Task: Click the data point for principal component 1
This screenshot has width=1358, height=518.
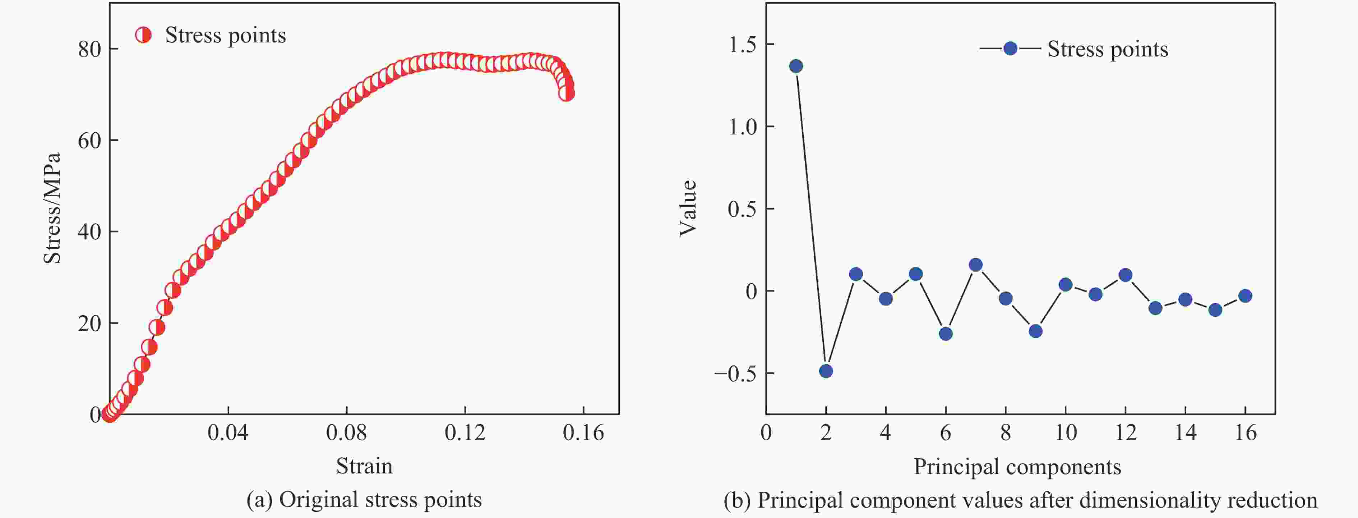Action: [796, 66]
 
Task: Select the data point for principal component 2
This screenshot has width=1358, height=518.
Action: [826, 371]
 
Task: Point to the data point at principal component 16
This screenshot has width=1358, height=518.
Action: [1245, 296]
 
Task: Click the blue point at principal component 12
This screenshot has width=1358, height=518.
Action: [1126, 275]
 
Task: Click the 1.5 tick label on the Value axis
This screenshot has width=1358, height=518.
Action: [742, 44]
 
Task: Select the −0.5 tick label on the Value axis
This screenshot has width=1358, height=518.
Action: [735, 373]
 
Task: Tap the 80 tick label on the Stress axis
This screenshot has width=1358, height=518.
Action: [89, 49]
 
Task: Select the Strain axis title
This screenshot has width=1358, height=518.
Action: [364, 466]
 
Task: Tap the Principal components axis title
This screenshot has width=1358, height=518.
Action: [1017, 467]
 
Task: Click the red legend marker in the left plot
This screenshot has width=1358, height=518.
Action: [143, 35]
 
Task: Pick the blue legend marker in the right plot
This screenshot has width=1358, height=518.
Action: [1010, 49]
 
